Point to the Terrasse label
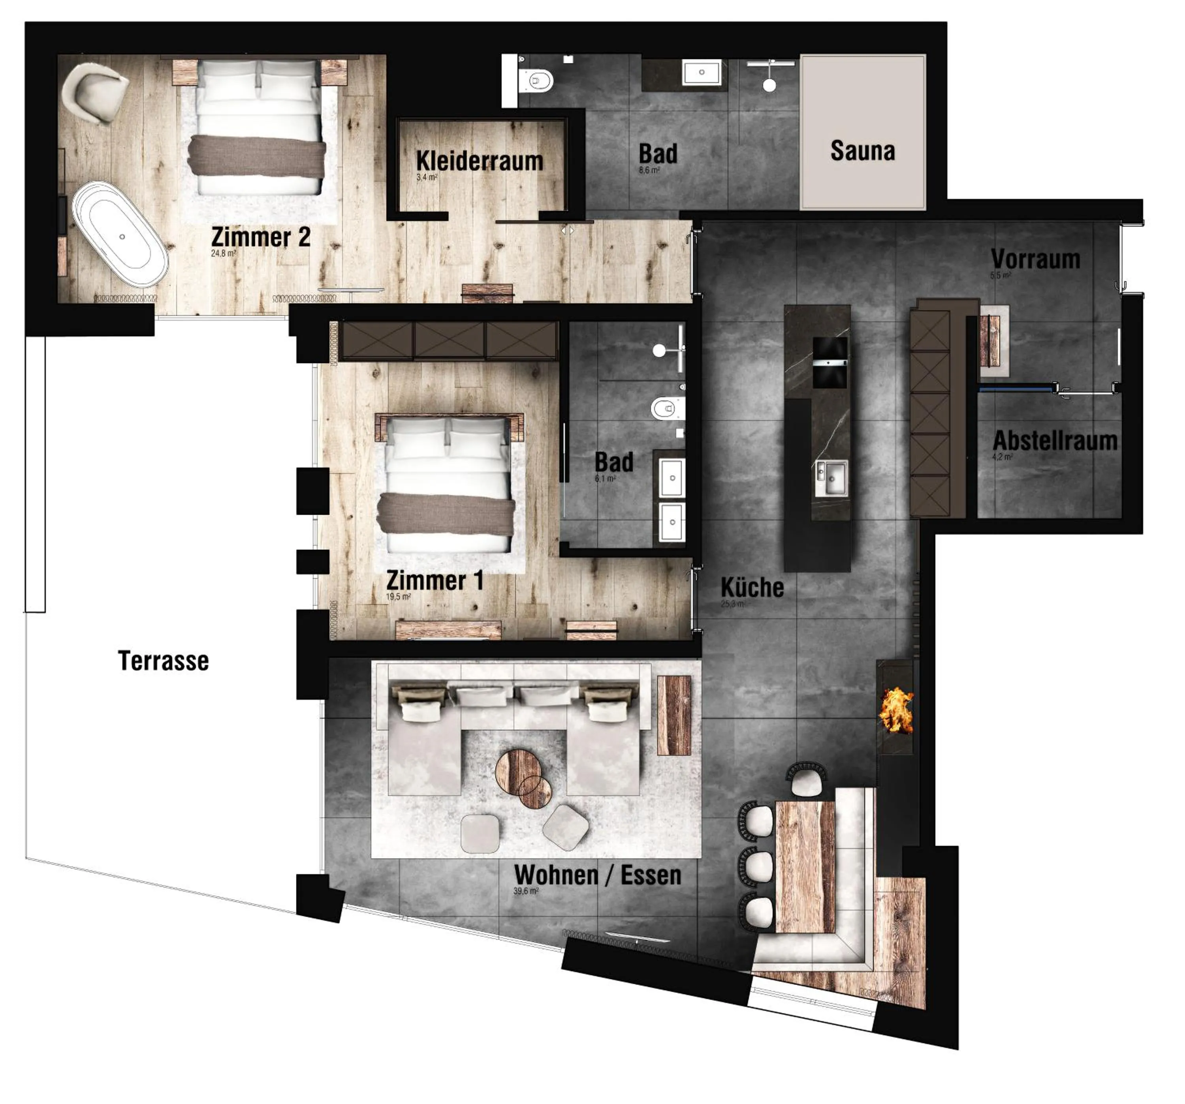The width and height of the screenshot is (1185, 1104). (163, 661)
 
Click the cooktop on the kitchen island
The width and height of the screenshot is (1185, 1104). (830, 362)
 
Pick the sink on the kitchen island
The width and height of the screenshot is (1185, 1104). (831, 477)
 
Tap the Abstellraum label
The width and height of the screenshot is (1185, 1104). (1055, 441)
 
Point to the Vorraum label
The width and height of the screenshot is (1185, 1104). (1035, 259)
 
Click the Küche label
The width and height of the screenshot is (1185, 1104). (752, 588)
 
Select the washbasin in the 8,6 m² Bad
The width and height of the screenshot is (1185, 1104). (701, 73)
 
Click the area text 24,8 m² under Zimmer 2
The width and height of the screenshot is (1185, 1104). (224, 253)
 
